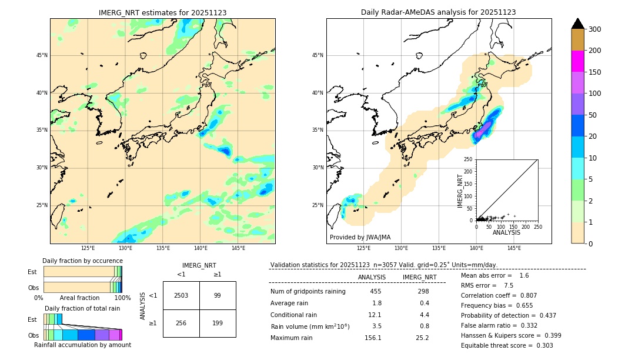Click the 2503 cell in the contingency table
tap(181, 296)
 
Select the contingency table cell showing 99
tap(218, 296)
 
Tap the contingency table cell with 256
tap(181, 323)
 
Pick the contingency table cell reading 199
tap(218, 323)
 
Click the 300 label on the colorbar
tap(594, 29)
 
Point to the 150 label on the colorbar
tap(594, 72)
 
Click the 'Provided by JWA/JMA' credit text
tap(360, 237)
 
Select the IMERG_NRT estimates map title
tap(163, 12)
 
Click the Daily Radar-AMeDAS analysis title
tap(439, 12)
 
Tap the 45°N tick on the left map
tap(42, 55)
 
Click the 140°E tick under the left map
tap(200, 248)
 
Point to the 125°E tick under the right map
tap(364, 248)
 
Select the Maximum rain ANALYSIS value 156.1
tap(373, 338)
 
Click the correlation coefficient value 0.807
tap(529, 296)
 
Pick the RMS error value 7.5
tap(509, 285)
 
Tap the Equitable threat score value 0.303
tap(544, 345)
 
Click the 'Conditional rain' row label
tap(293, 315)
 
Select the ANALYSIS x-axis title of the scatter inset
tap(506, 233)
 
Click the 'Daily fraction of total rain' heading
tap(82, 308)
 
